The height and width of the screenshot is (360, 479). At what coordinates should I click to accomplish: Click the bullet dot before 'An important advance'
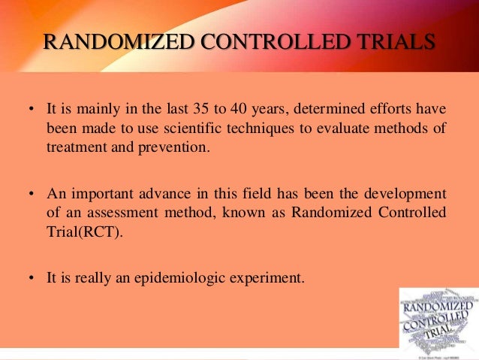pyautogui.click(x=32, y=195)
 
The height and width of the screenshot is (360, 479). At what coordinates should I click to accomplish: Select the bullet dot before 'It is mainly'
pyautogui.click(x=32, y=110)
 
